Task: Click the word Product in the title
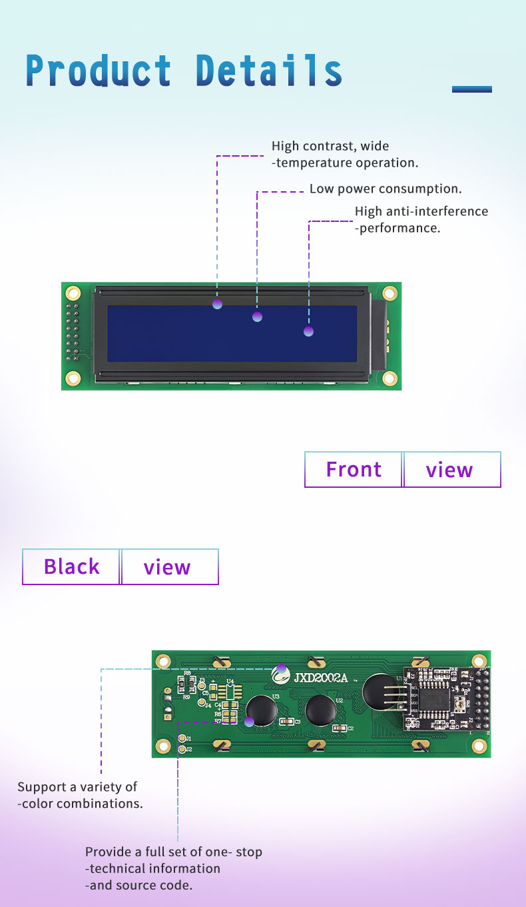click(x=99, y=71)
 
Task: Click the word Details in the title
click(x=269, y=71)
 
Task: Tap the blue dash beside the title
click(x=471, y=89)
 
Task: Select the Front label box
click(x=354, y=470)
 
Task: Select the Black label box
click(x=71, y=566)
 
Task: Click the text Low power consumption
click(x=386, y=189)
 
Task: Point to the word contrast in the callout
click(x=329, y=146)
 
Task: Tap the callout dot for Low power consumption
click(x=257, y=317)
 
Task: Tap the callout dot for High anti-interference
click(x=308, y=331)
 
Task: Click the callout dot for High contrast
click(x=217, y=304)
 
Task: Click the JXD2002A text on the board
click(x=321, y=678)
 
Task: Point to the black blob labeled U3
click(x=261, y=710)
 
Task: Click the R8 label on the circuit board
click(x=187, y=674)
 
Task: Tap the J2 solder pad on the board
click(x=182, y=750)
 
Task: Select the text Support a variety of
click(x=77, y=787)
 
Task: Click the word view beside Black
click(x=167, y=567)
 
